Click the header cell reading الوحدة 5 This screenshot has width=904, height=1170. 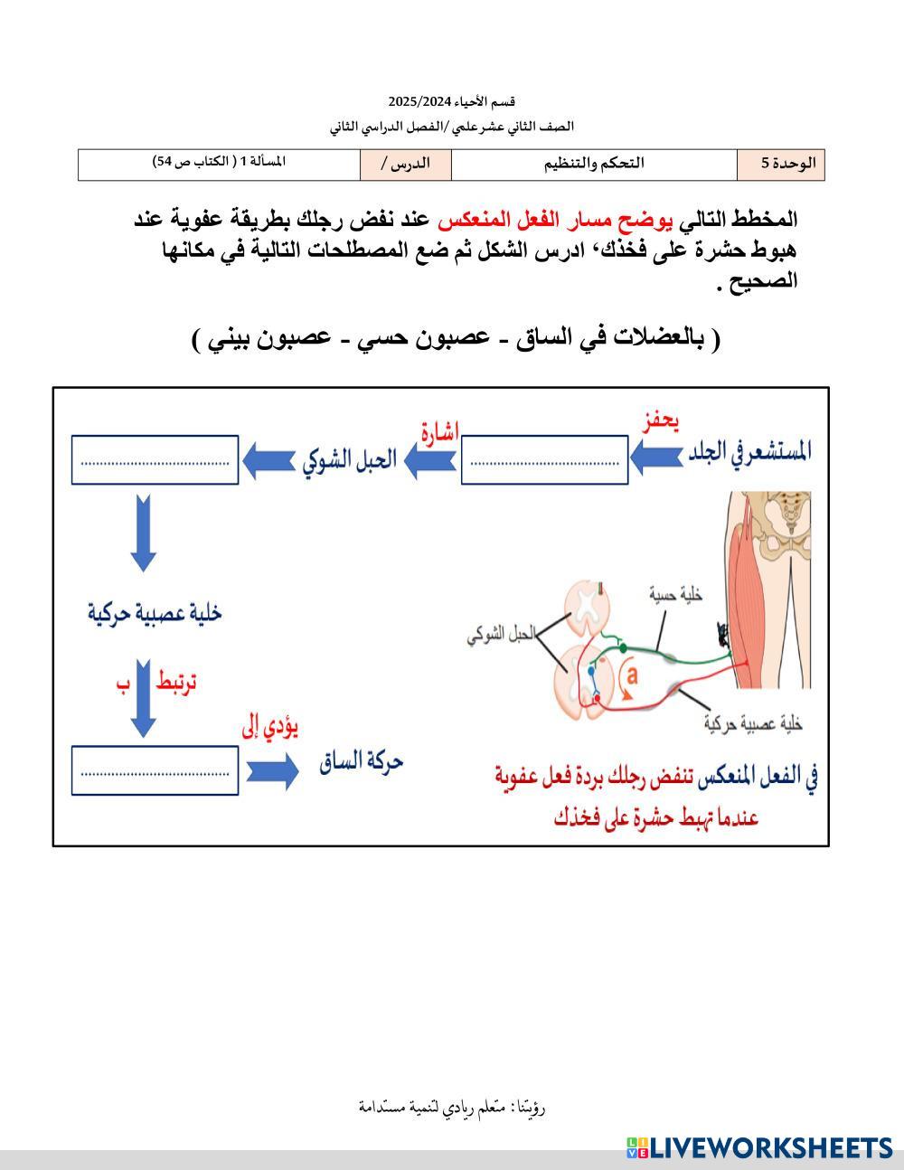(x=780, y=165)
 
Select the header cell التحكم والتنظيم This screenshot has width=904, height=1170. (x=594, y=165)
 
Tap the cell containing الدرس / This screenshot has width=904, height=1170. (x=405, y=165)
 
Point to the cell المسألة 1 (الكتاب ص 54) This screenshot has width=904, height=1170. (x=219, y=162)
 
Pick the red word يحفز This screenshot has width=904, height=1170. (x=660, y=421)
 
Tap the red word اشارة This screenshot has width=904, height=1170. (x=439, y=431)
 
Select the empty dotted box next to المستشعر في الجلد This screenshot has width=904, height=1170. (x=544, y=460)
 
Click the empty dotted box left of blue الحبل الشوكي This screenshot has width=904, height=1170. (x=155, y=460)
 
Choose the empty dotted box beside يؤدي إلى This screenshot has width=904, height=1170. (x=155, y=771)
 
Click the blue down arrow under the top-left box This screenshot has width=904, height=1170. (x=143, y=533)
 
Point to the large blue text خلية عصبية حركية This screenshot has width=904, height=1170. (x=155, y=613)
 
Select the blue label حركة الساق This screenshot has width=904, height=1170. (x=361, y=761)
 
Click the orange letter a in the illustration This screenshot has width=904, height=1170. (x=632, y=675)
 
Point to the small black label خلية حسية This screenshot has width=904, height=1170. (x=676, y=593)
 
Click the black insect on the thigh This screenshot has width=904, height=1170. (x=723, y=635)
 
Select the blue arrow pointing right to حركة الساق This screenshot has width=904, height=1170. (x=271, y=770)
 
